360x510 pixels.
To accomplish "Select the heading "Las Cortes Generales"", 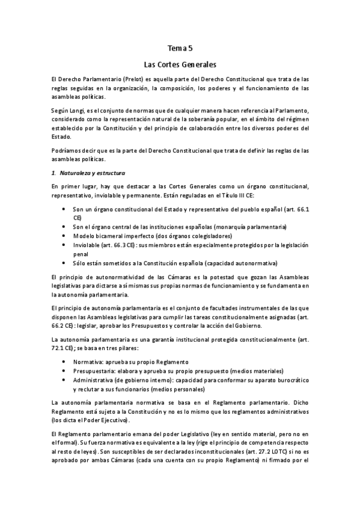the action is [x=180, y=63].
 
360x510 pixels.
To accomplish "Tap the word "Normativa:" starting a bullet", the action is [x=88, y=362].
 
